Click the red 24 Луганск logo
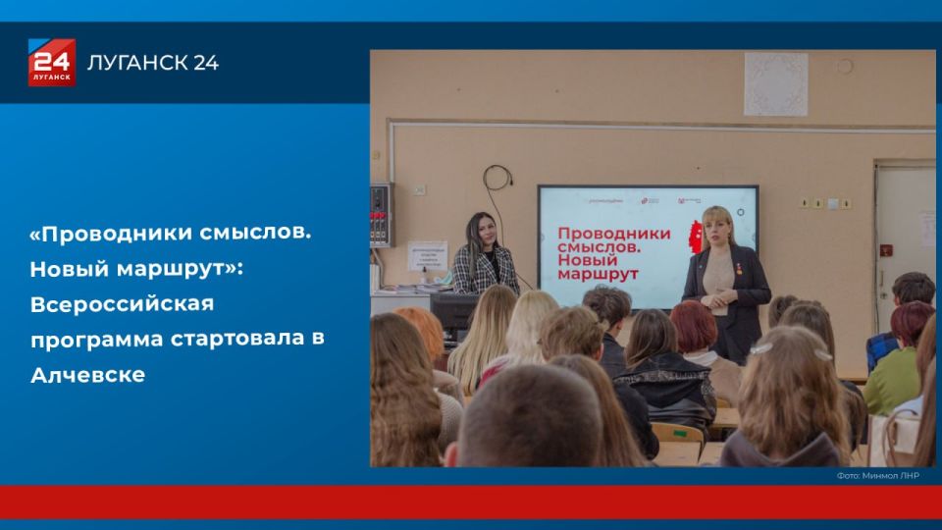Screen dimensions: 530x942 51,63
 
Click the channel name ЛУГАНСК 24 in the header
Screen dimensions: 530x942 153,64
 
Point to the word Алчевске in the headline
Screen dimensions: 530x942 87,374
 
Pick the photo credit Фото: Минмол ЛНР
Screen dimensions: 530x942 877,476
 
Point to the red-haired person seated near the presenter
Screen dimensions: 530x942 694,328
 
